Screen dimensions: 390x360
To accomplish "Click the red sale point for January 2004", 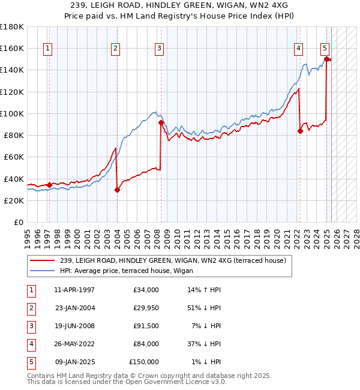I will [117, 190].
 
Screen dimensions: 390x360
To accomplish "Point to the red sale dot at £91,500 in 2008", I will [161, 122].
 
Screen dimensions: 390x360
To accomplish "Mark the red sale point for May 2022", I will [300, 131].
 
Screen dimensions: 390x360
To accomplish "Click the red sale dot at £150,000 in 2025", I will [326, 58].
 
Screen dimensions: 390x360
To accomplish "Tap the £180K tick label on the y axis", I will [12, 27].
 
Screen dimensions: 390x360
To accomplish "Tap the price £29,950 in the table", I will [143, 308].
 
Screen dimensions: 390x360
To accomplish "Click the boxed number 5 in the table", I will [31, 362].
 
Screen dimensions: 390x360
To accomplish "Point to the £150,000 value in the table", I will [144, 362].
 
